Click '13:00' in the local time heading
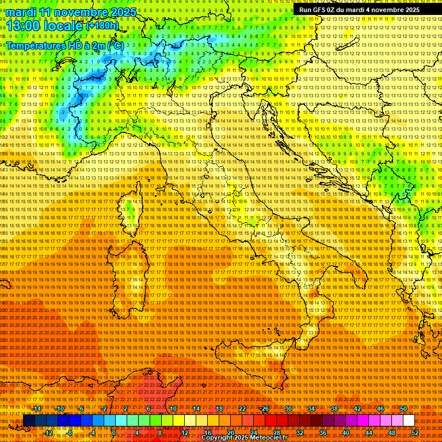[23, 26]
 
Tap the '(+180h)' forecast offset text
[103, 25]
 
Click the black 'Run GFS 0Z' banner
[359, 10]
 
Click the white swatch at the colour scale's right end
[409, 421]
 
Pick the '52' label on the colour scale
[415, 433]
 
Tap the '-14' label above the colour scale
[36, 409]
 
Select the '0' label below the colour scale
[114, 433]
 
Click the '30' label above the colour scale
[288, 409]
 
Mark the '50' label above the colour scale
[403, 409]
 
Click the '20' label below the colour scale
[230, 433]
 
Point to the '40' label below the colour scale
[346, 433]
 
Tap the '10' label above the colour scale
[173, 409]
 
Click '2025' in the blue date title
[123, 12]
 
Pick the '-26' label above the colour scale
[264, 409]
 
